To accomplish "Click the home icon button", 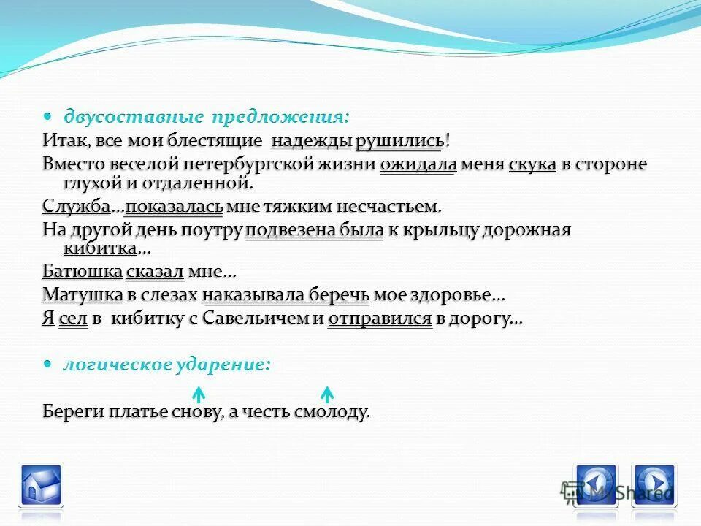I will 41,485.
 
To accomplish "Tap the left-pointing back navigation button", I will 597,485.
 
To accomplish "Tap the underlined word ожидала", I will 418,164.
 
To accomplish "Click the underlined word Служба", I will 76,207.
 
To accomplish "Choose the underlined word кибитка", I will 90,248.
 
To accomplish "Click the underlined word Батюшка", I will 82,272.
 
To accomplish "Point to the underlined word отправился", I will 380,319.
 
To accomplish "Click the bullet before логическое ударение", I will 47,364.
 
